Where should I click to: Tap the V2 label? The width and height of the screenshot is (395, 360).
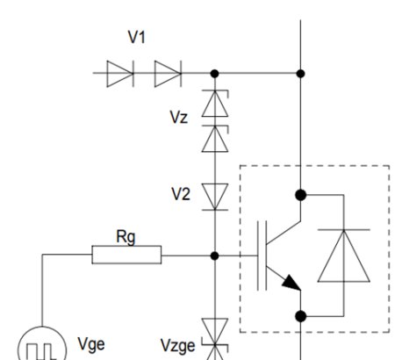180,194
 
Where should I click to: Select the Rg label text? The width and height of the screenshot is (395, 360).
126,236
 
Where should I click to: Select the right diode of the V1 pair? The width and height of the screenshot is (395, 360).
166,74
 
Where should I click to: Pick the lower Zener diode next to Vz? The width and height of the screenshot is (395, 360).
214,138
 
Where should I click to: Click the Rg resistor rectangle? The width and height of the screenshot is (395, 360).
126,256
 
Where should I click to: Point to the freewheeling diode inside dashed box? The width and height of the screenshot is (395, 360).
344,256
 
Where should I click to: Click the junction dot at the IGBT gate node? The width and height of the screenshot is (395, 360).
214,256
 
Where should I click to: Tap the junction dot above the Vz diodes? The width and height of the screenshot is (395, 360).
214,74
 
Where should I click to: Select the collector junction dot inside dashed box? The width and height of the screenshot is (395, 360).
300,194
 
